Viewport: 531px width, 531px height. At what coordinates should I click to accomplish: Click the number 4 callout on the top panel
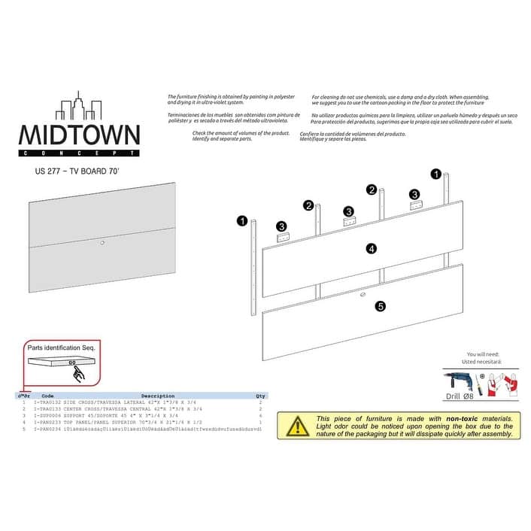(372, 248)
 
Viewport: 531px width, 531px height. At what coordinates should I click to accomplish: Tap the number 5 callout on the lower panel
(381, 306)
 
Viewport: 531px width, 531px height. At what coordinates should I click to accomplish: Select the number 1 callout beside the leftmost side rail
(241, 221)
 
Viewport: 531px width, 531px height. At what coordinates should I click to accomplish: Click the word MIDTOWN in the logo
(79, 135)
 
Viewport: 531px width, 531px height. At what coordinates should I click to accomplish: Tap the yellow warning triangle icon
(299, 426)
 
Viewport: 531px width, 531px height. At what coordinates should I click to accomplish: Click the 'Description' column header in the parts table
(157, 396)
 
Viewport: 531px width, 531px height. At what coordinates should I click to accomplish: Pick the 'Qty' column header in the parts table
(260, 396)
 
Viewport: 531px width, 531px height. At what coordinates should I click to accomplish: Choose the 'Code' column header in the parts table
(47, 396)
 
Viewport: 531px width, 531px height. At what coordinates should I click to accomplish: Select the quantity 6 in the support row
(260, 414)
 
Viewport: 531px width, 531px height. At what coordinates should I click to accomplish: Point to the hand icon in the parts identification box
(79, 373)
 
